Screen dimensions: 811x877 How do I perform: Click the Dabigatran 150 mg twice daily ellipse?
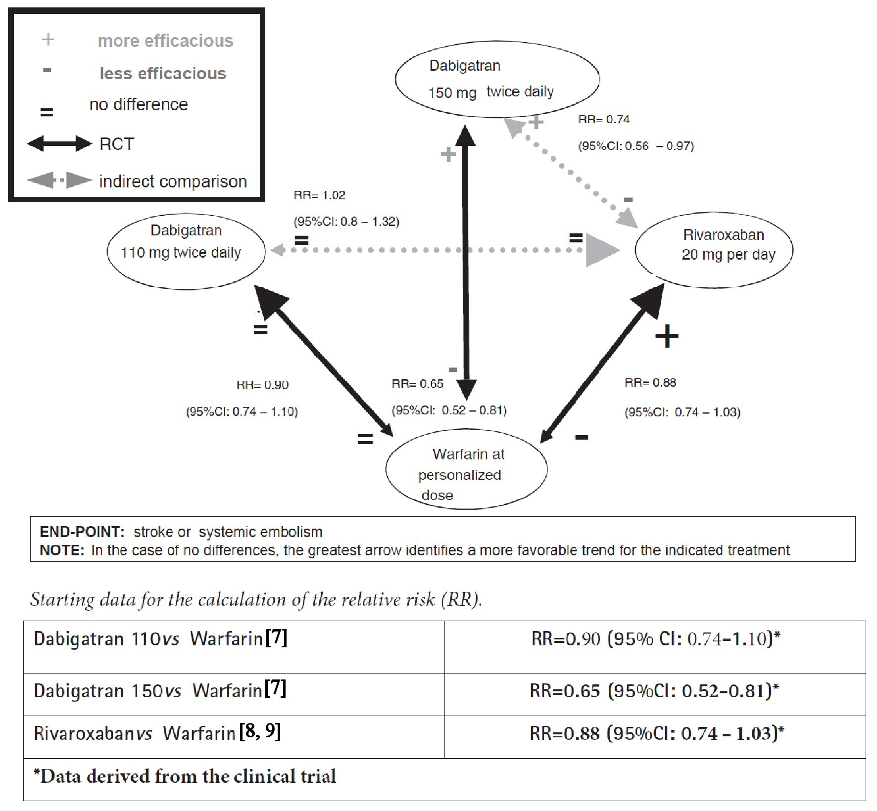[x=497, y=79]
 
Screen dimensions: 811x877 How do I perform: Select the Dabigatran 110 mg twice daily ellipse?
[x=186, y=252]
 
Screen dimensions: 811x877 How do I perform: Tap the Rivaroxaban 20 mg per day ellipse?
[x=714, y=250]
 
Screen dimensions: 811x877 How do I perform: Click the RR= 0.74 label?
[x=604, y=120]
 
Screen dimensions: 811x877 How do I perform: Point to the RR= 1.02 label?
[x=319, y=195]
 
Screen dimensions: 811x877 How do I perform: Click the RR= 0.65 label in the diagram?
[x=417, y=384]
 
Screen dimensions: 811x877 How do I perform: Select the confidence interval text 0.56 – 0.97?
[x=636, y=146]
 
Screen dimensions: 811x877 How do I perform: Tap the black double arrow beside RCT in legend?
[x=59, y=144]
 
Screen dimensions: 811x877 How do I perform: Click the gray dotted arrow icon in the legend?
[x=59, y=180]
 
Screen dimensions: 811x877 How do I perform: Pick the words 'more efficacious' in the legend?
[x=165, y=41]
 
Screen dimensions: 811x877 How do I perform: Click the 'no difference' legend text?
[x=139, y=105]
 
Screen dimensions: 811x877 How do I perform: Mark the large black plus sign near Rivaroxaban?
[x=667, y=337]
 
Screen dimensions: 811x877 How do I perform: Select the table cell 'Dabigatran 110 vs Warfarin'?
[x=160, y=639]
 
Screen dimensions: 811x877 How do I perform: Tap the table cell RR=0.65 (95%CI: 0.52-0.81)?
[x=654, y=691]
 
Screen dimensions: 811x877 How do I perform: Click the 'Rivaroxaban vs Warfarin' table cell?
[x=157, y=733]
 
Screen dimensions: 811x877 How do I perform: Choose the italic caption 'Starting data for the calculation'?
[x=256, y=600]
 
